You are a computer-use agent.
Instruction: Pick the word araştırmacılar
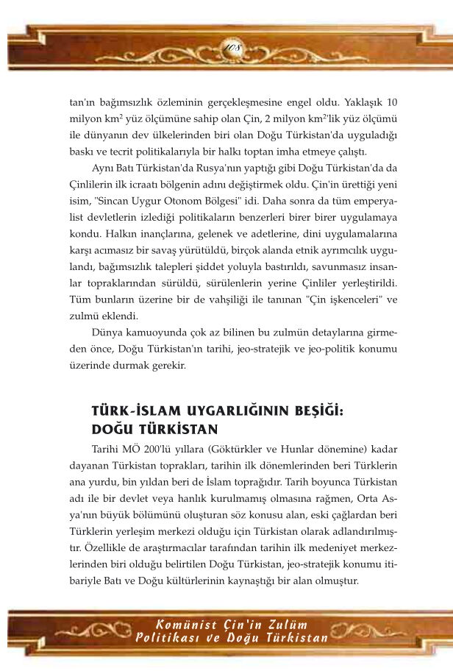185,545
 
